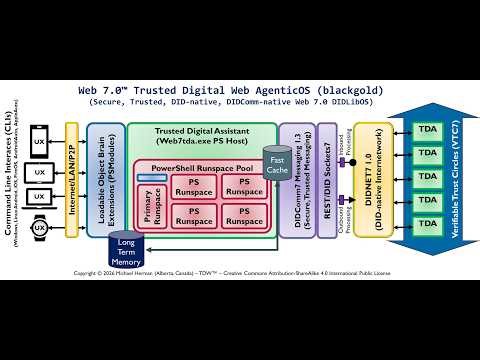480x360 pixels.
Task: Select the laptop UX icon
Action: click(x=41, y=200)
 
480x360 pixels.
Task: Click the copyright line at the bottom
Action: click(x=239, y=271)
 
